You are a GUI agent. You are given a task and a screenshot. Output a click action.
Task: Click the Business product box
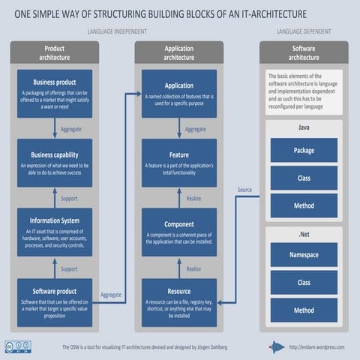point(55,93)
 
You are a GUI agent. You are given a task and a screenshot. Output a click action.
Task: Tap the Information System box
point(55,232)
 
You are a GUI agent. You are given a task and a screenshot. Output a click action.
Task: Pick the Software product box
point(55,301)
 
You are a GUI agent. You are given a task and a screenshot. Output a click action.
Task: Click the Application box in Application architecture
point(179,93)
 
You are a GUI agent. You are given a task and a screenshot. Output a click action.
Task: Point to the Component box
point(179,232)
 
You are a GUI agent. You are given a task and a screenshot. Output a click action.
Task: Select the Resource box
point(179,301)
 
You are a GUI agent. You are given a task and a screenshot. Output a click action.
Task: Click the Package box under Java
point(304,150)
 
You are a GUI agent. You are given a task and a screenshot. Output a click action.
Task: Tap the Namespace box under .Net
point(304,255)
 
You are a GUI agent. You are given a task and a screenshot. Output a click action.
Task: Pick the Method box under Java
point(304,205)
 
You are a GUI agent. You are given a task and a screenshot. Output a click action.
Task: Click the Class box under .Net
point(304,283)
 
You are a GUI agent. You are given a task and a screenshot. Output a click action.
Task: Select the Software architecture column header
point(304,52)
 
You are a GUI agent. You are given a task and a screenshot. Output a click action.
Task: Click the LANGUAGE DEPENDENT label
point(304,32)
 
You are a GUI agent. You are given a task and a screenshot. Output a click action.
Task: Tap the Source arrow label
point(244,189)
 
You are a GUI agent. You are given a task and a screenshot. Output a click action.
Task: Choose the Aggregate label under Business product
point(70,128)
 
